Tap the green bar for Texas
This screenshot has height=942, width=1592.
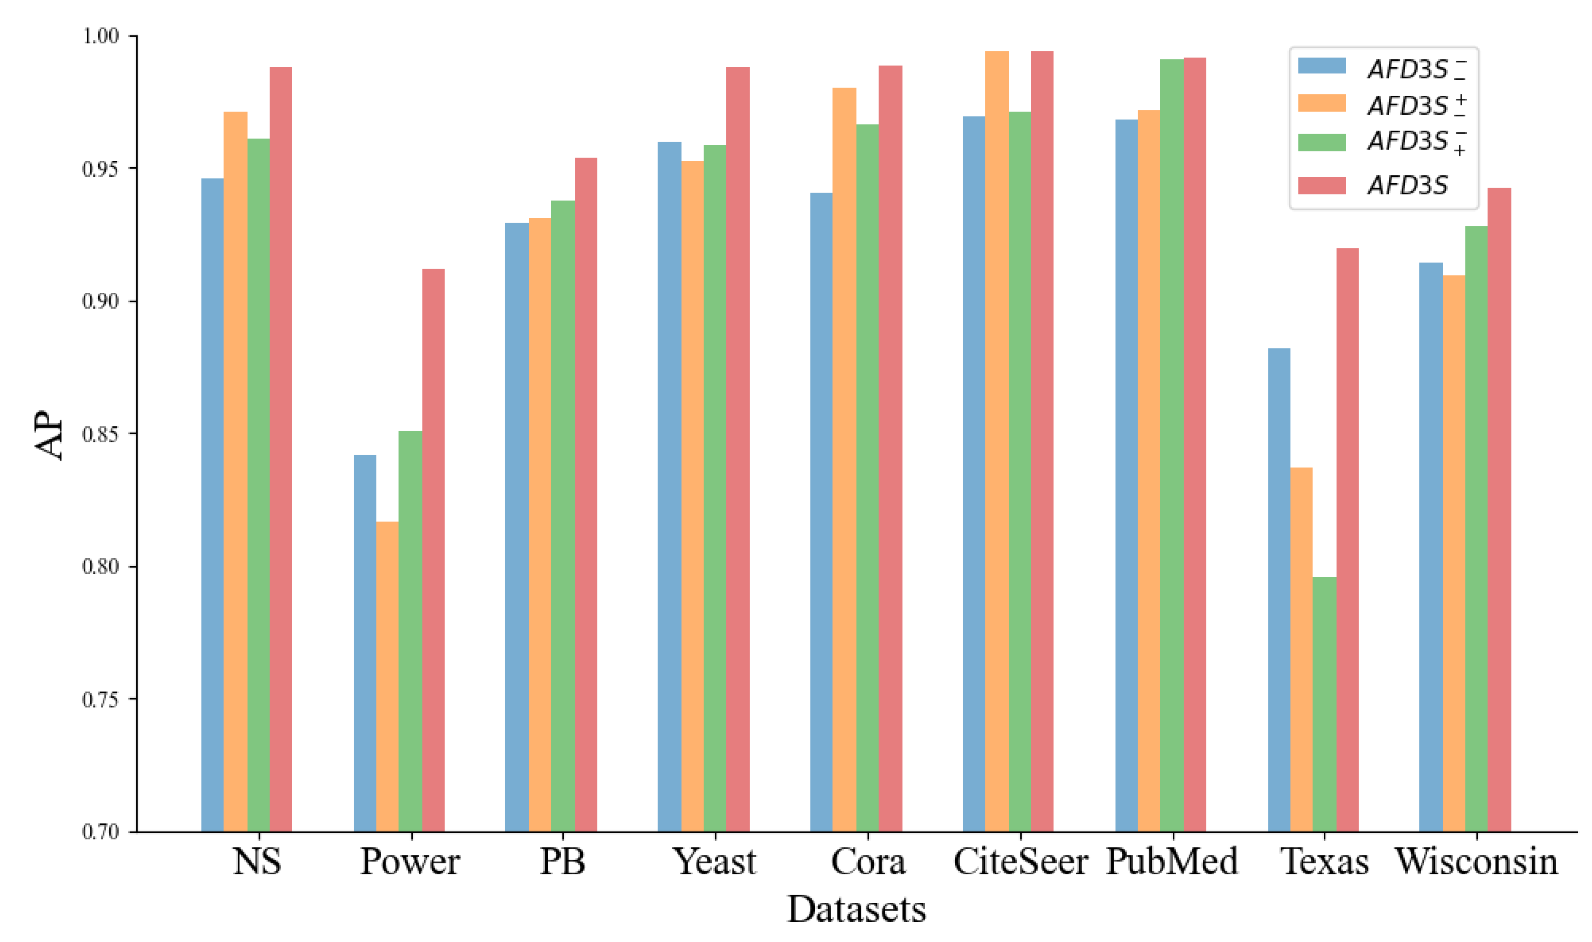coord(1324,704)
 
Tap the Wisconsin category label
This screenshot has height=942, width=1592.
coord(1476,862)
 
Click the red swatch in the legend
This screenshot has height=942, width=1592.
coord(1322,185)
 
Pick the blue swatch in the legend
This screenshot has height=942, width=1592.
coord(1322,66)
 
